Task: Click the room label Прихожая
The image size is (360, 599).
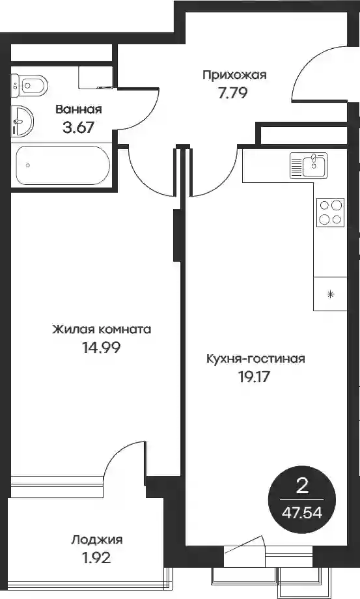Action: tap(234, 76)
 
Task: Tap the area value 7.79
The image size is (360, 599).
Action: tap(233, 93)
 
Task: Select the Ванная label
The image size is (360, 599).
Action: tap(79, 109)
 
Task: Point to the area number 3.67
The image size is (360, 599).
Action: tap(78, 127)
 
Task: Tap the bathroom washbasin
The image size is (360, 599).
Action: tap(22, 121)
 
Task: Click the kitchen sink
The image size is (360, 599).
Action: tap(309, 165)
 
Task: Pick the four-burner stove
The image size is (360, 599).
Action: tap(330, 212)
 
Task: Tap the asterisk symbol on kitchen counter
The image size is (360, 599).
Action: tap(331, 294)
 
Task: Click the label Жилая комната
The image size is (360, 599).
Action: tap(102, 329)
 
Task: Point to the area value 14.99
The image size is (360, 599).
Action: tap(101, 347)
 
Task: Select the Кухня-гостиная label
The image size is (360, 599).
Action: tap(255, 359)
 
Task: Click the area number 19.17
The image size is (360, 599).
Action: tap(255, 377)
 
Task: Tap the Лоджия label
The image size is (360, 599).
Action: tap(97, 540)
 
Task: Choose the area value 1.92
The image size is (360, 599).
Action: tap(96, 558)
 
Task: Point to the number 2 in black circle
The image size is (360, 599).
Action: tap(302, 487)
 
